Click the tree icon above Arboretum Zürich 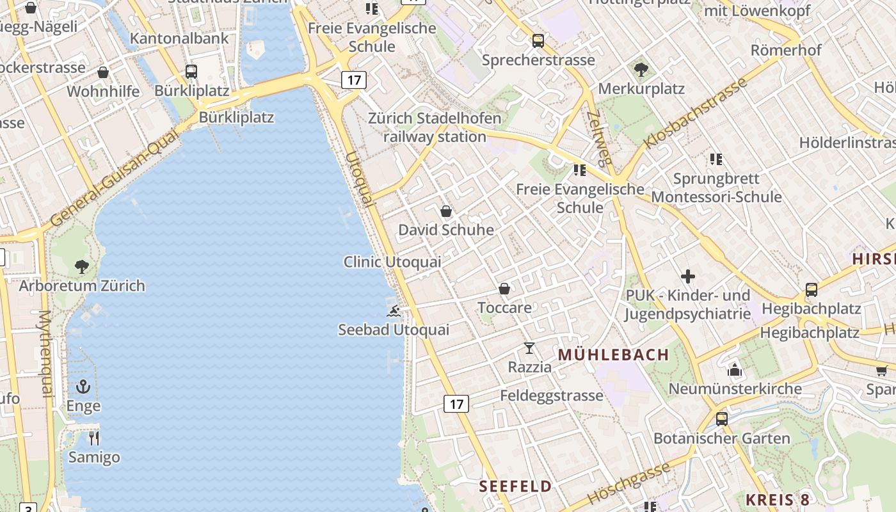pyautogui.click(x=82, y=266)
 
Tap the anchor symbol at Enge pyautogui.click(x=83, y=387)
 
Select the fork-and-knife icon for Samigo pyautogui.click(x=94, y=438)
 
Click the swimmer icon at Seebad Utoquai pyautogui.click(x=394, y=311)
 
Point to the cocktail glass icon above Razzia pyautogui.click(x=529, y=348)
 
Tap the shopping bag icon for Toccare pyautogui.click(x=504, y=289)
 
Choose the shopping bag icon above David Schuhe pyautogui.click(x=446, y=211)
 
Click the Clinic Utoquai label pyautogui.click(x=392, y=262)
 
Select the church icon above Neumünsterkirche pyautogui.click(x=735, y=370)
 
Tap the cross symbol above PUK pyautogui.click(x=688, y=276)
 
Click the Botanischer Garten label pyautogui.click(x=722, y=439)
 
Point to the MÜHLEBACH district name pyautogui.click(x=614, y=355)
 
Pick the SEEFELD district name pyautogui.click(x=516, y=486)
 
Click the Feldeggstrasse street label pyautogui.click(x=552, y=396)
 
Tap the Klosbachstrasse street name pyautogui.click(x=696, y=113)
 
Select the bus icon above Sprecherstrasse pyautogui.click(x=538, y=41)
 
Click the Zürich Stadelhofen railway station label pyautogui.click(x=435, y=127)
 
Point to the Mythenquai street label pyautogui.click(x=45, y=354)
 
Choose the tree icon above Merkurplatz pyautogui.click(x=641, y=70)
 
